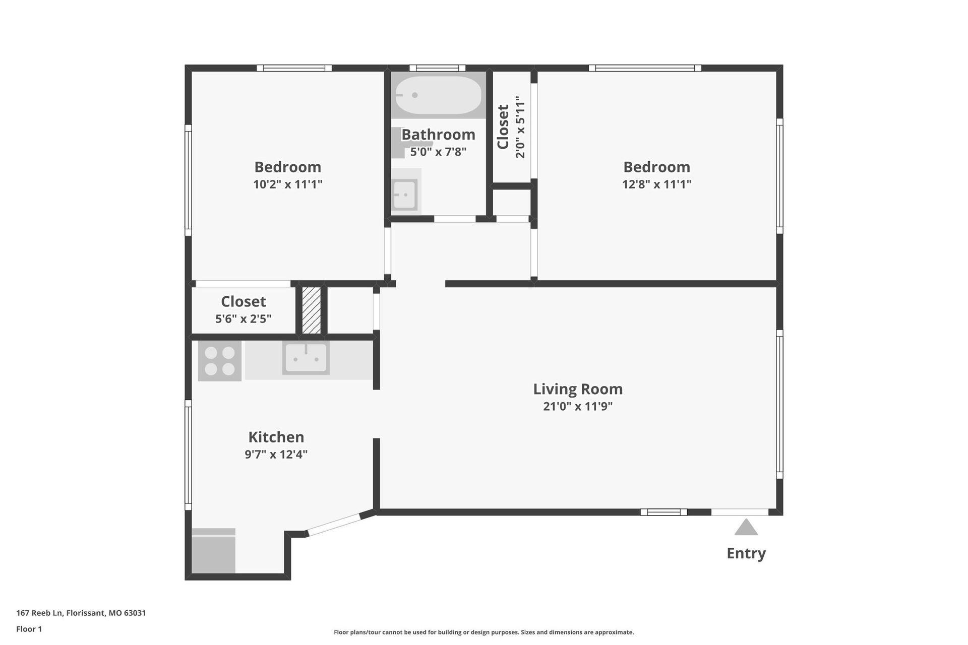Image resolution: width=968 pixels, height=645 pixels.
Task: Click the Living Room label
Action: [578, 389]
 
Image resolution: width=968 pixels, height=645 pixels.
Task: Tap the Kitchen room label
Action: [276, 437]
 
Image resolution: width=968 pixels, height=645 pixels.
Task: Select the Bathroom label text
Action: [438, 135]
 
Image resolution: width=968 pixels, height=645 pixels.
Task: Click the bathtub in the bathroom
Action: [438, 95]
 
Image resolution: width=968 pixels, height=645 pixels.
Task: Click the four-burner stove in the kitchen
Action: [220, 361]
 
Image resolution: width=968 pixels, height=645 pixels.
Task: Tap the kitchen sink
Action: [306, 358]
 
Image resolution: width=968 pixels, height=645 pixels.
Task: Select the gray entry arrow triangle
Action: [746, 527]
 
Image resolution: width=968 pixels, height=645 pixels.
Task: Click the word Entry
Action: [746, 553]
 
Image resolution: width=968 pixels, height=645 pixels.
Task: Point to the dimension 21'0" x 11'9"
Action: [578, 406]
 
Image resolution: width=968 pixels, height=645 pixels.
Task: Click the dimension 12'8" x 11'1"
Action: [656, 184]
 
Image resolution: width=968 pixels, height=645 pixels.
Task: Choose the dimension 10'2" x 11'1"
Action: [287, 184]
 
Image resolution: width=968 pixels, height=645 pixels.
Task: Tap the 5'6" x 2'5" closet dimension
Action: [244, 318]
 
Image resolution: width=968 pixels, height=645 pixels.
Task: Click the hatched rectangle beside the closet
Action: [311, 310]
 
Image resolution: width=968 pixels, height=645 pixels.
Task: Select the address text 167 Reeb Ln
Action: [39, 613]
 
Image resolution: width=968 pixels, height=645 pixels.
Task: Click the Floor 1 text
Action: [29, 629]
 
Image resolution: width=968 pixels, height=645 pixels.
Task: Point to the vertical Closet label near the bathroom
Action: [503, 127]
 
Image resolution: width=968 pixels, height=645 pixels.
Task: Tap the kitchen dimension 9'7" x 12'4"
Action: [276, 455]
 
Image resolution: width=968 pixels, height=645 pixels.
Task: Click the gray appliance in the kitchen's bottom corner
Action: [214, 550]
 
